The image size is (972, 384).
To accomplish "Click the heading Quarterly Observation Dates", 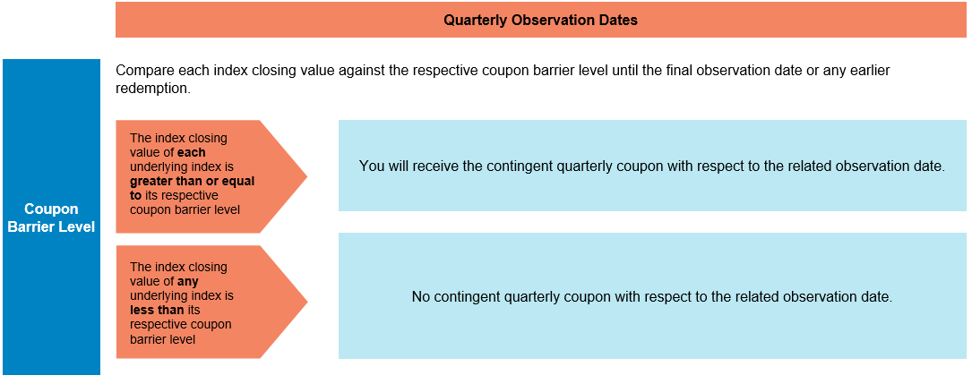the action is click(540, 20).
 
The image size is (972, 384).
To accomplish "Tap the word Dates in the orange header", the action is click(619, 20).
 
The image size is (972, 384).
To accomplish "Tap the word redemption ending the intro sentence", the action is click(152, 90).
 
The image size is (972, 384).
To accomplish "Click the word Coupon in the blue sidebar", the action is click(51, 209).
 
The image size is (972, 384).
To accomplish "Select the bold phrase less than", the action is click(157, 309).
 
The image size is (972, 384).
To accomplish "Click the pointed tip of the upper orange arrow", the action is click(307, 176).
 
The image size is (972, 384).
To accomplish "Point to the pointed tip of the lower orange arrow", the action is click(307, 303).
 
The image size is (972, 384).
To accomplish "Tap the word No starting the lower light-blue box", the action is click(420, 296).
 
